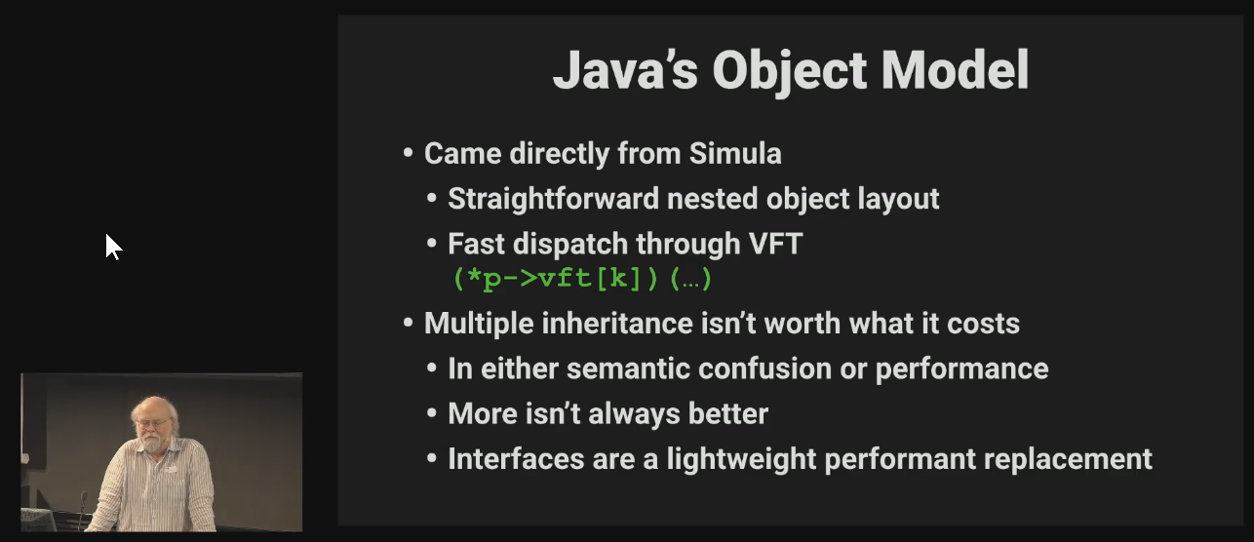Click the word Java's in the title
(625, 70)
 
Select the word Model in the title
(955, 70)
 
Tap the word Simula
(735, 153)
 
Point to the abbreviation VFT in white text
(775, 244)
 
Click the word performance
(961, 369)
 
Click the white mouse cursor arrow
(114, 247)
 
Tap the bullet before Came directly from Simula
(408, 153)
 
